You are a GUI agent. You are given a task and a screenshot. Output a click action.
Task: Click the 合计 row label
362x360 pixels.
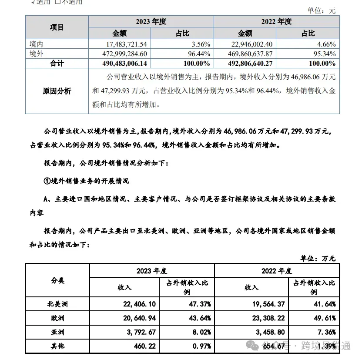click(57, 64)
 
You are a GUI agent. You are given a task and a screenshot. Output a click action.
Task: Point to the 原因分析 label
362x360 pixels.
click(57, 91)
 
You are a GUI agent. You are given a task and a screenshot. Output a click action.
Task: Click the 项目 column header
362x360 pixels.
click(57, 27)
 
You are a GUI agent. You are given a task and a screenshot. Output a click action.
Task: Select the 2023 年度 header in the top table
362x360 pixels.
click(151, 21)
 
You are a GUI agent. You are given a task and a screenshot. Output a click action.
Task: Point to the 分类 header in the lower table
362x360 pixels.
click(57, 281)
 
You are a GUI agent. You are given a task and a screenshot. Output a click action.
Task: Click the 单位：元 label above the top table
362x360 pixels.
click(322, 11)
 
